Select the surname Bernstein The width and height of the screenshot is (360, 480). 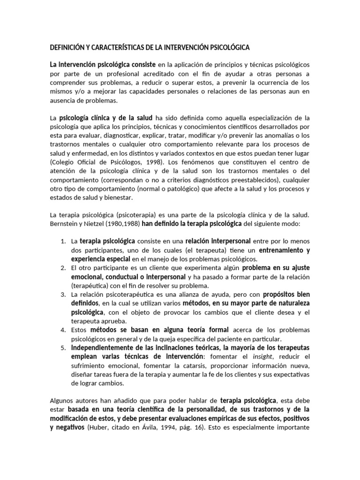[x=65, y=224]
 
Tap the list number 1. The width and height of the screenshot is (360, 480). [x=63, y=241]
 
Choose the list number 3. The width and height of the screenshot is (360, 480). [x=63, y=294]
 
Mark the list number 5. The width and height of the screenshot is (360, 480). [x=63, y=347]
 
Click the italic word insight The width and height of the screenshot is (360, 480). [x=257, y=356]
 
